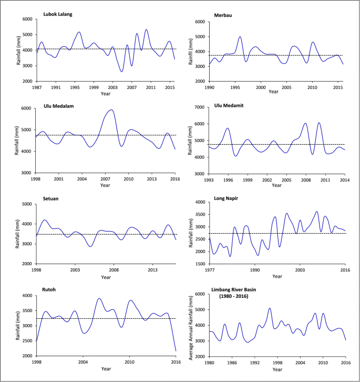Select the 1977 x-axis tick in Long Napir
coord(210,269)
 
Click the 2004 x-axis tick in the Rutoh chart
coord(83,361)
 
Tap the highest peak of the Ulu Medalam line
coord(111,110)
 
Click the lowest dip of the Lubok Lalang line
coord(122,72)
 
